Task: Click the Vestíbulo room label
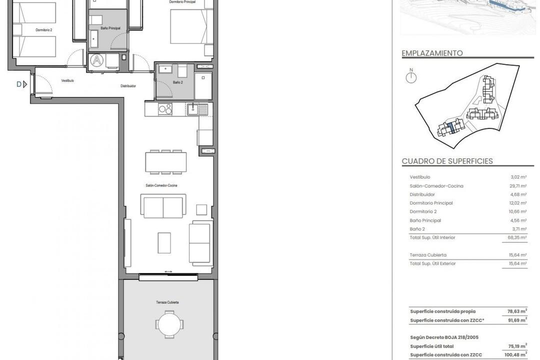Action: click(x=67, y=80)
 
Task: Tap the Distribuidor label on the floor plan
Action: click(x=128, y=86)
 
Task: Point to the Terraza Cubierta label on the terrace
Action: click(x=167, y=302)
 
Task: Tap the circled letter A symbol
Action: click(x=96, y=61)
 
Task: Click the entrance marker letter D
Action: click(x=19, y=84)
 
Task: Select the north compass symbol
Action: click(x=411, y=77)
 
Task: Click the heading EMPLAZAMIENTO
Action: click(x=432, y=53)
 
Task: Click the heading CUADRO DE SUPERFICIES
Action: click(x=447, y=161)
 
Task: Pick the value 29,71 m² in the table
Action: click(x=517, y=186)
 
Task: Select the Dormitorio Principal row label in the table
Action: click(x=431, y=203)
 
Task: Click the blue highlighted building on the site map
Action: click(x=451, y=127)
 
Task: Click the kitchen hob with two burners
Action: click(x=165, y=108)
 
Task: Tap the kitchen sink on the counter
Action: click(x=198, y=108)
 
